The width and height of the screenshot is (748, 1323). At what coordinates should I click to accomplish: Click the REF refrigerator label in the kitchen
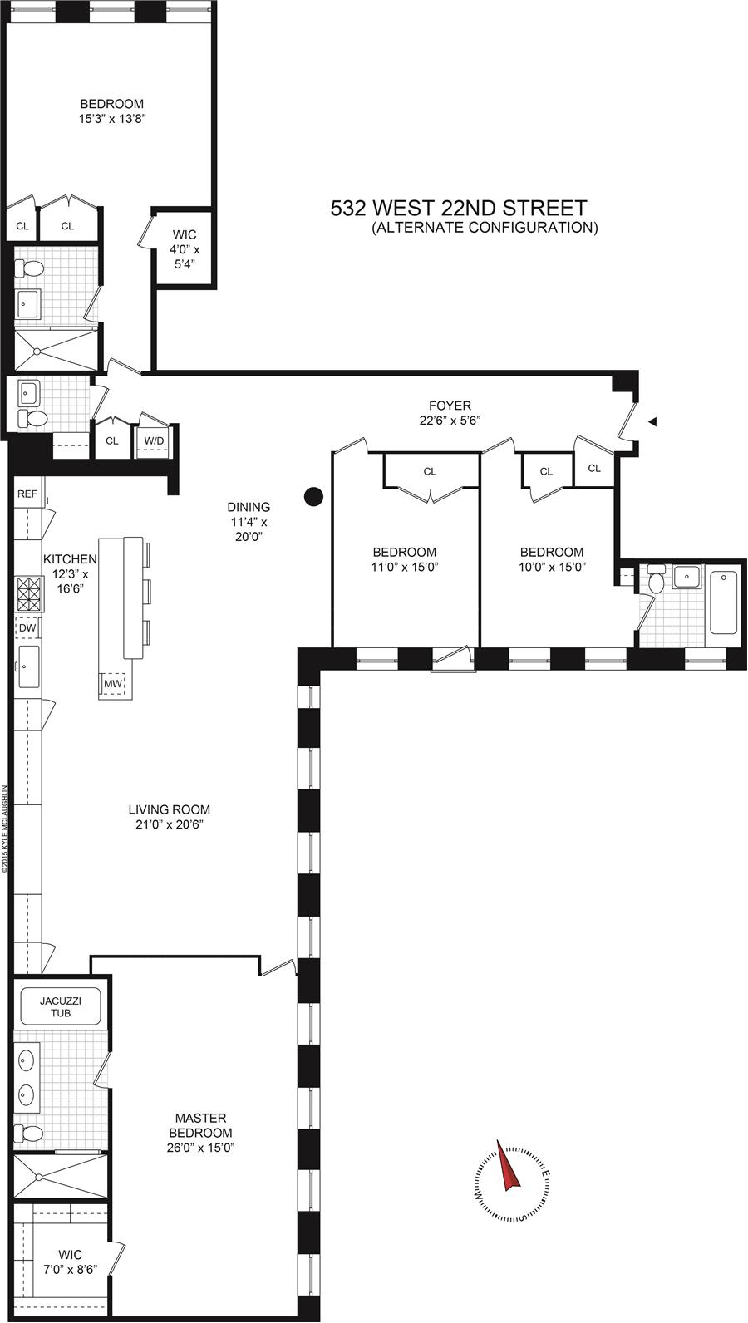(x=27, y=494)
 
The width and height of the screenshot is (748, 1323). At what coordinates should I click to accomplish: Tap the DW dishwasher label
(x=27, y=627)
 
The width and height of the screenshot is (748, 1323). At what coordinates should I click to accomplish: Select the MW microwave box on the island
(x=113, y=684)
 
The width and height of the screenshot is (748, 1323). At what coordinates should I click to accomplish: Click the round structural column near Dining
(x=313, y=497)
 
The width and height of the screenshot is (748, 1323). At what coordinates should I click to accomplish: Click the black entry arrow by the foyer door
(x=653, y=421)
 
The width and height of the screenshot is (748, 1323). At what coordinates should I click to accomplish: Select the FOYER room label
(x=450, y=406)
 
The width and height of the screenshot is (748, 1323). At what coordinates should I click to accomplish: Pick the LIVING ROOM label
(x=169, y=809)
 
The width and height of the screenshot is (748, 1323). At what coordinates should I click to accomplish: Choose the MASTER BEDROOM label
(x=201, y=1125)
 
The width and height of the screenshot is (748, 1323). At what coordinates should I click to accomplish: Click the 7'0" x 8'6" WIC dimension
(x=71, y=1269)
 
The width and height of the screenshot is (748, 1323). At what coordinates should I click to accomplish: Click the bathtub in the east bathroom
(x=724, y=602)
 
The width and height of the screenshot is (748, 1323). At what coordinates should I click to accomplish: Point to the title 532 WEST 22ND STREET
(x=459, y=208)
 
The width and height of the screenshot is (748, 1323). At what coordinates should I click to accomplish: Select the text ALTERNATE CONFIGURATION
(x=485, y=228)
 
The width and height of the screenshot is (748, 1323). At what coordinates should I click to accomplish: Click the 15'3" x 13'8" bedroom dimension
(x=112, y=119)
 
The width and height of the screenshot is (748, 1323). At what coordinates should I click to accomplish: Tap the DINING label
(x=249, y=507)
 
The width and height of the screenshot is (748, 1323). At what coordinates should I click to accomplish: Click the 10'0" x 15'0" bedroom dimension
(x=552, y=567)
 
